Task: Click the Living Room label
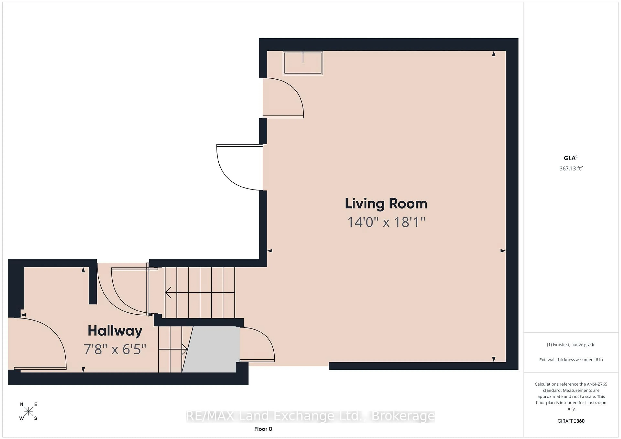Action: (x=386, y=203)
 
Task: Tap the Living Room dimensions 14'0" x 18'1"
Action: (x=386, y=222)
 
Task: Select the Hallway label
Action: (x=115, y=331)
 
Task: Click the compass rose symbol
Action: (x=28, y=411)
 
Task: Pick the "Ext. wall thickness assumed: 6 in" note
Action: (x=571, y=359)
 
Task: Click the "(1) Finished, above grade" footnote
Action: (x=571, y=344)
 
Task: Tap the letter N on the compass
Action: (x=22, y=404)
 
